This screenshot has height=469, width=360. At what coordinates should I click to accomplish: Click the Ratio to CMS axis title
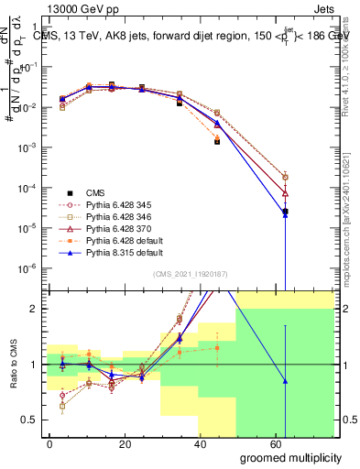click(x=13, y=364)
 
